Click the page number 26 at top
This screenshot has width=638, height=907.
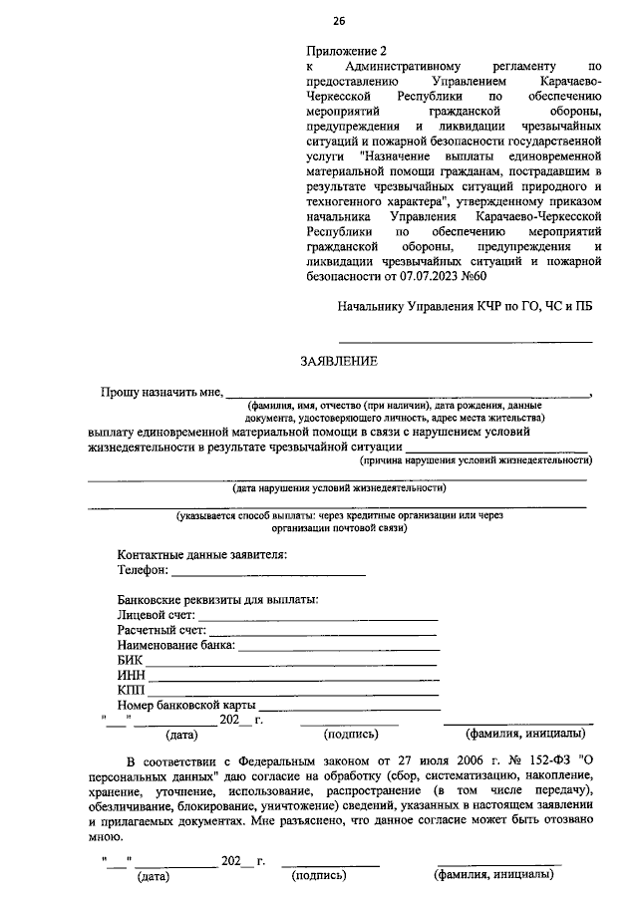click(338, 21)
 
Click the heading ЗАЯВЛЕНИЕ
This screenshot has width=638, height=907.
click(339, 361)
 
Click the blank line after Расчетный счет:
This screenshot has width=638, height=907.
click(323, 633)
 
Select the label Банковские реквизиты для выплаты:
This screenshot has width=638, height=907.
click(217, 600)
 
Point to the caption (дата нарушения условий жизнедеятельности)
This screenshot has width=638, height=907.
click(339, 488)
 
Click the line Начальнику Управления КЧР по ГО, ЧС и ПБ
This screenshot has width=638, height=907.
click(465, 307)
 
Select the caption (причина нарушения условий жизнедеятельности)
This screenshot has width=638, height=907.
click(476, 460)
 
